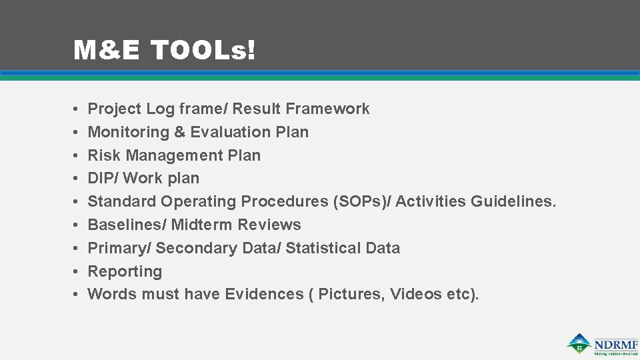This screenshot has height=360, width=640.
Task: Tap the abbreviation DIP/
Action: (x=103, y=178)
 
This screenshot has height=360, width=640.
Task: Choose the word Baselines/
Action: (x=127, y=225)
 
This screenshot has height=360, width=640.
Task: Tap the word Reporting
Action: (x=125, y=271)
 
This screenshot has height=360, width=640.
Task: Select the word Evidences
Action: (x=264, y=294)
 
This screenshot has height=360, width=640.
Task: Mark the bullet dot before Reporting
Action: (x=77, y=271)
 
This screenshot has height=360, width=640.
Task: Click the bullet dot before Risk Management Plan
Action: (x=77, y=155)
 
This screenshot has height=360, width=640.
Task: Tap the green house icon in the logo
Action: (x=579, y=343)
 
